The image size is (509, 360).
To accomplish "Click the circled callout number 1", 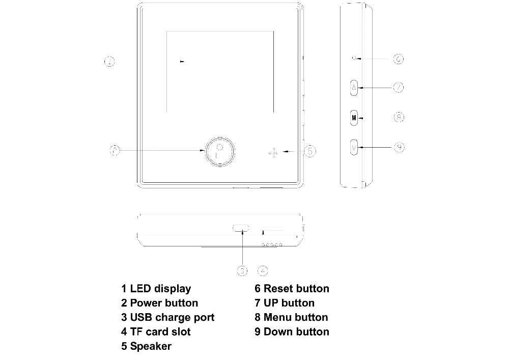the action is point(109,62).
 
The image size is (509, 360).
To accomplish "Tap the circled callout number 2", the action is point(115,150).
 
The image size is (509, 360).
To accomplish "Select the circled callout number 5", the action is point(309,151).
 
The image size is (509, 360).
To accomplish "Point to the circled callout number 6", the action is point(399,59).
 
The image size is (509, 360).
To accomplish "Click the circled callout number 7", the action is point(399,88).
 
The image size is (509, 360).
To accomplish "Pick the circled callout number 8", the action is point(399,118).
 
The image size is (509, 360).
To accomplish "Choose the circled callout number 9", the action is point(400,147).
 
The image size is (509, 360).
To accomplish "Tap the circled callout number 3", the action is point(243,270).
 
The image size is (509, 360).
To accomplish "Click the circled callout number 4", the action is point(263,270).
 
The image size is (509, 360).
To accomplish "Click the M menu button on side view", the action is point(354,118).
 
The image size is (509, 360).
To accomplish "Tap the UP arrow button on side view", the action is point(354,88).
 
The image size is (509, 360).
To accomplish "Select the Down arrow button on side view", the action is point(354,147).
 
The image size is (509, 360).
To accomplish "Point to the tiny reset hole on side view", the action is point(354,59).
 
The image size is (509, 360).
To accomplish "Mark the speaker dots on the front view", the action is point(274,152).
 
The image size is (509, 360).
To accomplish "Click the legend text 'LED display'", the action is point(160,289).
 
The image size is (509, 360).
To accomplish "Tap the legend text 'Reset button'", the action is point(296,289).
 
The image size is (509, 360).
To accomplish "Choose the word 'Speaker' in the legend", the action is point(151,346).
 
